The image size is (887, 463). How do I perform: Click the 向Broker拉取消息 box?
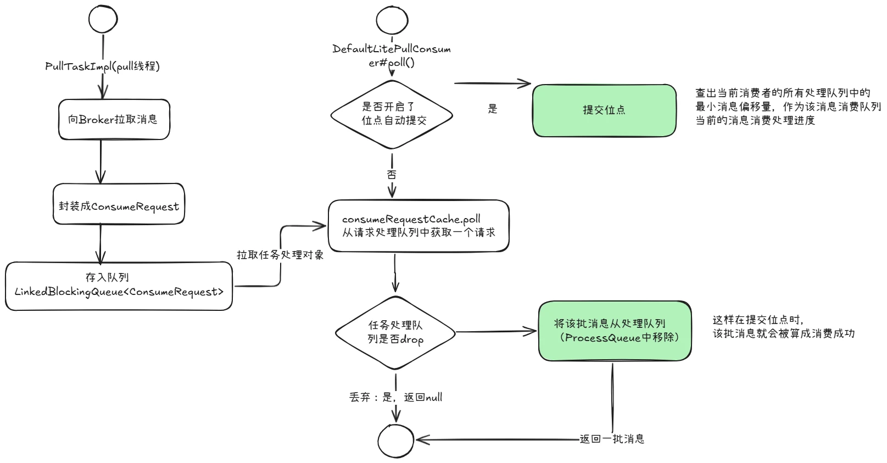[x=114, y=120]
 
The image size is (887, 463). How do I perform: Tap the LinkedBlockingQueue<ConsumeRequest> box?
[x=119, y=286]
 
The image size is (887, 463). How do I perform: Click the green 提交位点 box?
[x=604, y=110]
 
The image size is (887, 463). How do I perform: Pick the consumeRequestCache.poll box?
[x=419, y=226]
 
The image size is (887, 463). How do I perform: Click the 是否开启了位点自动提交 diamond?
[x=392, y=114]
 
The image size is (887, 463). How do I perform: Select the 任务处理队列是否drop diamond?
[x=395, y=332]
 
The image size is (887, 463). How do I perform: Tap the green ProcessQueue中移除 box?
[x=615, y=331]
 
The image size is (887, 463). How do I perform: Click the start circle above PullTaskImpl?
[x=103, y=19]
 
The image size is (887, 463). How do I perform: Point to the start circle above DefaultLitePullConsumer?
[x=392, y=21]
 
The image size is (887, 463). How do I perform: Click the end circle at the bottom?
[x=395, y=440]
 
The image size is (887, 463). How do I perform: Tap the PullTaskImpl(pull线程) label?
[x=103, y=66]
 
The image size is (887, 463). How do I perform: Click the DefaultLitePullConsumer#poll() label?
[x=392, y=55]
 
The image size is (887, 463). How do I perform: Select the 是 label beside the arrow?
[x=493, y=109]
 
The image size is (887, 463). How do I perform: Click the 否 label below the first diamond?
[x=392, y=175]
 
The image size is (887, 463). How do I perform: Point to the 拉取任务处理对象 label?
[x=280, y=255]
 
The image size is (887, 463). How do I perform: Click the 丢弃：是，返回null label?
[x=395, y=397]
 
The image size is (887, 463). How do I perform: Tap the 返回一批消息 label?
[x=612, y=439]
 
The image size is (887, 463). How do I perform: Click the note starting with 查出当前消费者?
[x=788, y=107]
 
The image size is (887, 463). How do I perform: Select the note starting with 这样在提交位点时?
[x=783, y=327]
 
